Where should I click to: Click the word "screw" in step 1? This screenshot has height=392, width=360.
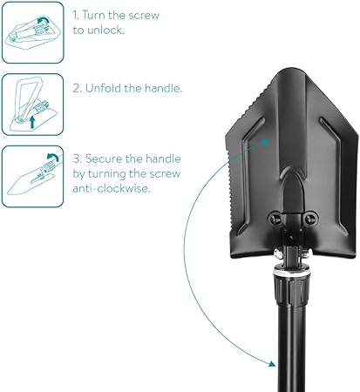click(x=144, y=16)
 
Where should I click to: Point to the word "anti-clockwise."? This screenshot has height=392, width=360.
click(x=112, y=188)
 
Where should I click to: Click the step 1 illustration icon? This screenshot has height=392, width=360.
click(x=33, y=32)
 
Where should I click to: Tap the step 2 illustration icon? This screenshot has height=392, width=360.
click(x=33, y=105)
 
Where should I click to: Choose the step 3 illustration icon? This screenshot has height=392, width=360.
click(x=33, y=177)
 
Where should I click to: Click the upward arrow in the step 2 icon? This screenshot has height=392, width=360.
click(x=32, y=122)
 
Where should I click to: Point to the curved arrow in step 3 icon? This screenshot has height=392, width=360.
click(x=52, y=157)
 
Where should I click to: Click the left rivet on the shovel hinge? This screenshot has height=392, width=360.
click(x=275, y=219)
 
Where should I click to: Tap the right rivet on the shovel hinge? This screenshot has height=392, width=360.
click(x=310, y=219)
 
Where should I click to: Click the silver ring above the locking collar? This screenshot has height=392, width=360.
click(x=292, y=273)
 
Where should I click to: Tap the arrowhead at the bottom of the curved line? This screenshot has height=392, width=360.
click(x=272, y=364)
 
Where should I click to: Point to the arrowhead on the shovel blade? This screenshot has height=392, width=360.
click(x=265, y=142)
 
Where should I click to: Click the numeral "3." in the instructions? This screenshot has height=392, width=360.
click(x=78, y=159)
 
